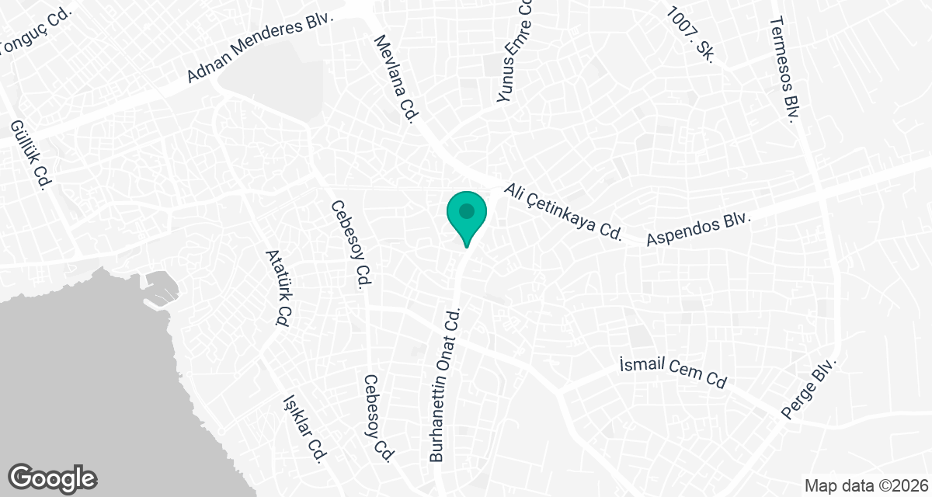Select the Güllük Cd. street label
pos(30,155)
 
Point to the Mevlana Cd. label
pos(397,78)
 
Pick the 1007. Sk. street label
pos(690,36)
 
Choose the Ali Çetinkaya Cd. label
pos(564,212)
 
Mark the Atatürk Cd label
pos(277,287)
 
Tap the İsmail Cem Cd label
pos(673,373)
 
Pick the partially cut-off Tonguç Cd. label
pos(35,33)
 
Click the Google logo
pos(53,478)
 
